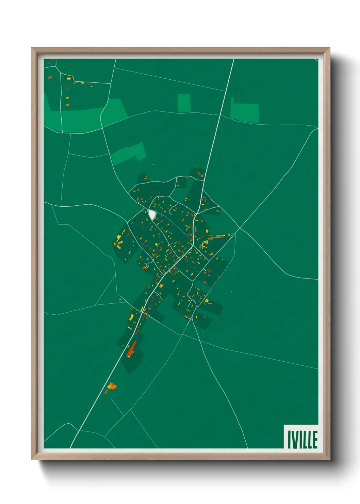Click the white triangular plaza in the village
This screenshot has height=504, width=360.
click(152, 215)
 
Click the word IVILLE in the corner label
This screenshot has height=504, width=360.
click(302, 440)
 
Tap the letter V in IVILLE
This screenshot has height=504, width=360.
click(294, 440)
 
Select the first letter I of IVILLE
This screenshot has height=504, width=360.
click(289, 440)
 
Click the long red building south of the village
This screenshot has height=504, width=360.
click(131, 350)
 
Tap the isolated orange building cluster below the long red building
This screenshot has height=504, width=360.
click(111, 387)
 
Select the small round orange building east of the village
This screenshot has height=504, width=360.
click(229, 235)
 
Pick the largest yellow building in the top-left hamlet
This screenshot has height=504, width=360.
click(69, 79)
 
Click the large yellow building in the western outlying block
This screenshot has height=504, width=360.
click(119, 237)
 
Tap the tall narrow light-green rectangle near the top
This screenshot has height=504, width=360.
click(184, 103)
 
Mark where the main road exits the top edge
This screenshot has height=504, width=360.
click(233, 60)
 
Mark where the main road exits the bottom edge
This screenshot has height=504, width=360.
click(71, 447)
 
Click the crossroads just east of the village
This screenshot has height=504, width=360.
click(239, 228)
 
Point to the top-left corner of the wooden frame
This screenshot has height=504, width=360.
click(32, 48)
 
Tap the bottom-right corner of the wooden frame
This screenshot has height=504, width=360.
click(329, 459)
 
